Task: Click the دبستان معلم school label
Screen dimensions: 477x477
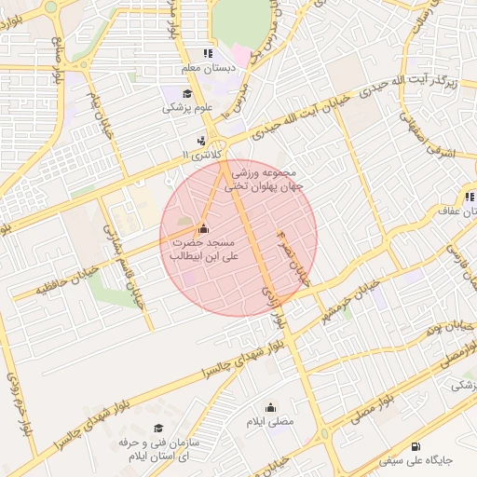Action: tap(207, 69)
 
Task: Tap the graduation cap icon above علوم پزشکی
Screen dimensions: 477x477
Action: tap(187, 93)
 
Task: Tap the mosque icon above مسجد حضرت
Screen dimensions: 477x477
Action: tap(203, 228)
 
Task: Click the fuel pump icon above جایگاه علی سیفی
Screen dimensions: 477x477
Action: tap(415, 446)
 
